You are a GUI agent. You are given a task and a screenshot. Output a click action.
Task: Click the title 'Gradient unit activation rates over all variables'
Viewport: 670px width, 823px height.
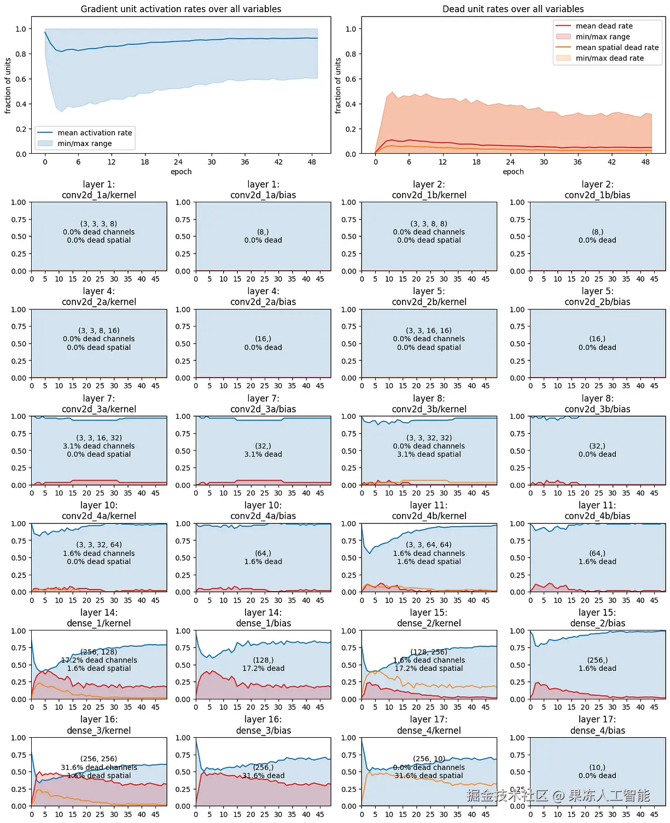(180, 9)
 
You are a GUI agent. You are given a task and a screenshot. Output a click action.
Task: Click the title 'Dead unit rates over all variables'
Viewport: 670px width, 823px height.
(512, 9)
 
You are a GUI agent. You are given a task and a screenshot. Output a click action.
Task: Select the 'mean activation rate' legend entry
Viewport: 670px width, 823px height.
(95, 133)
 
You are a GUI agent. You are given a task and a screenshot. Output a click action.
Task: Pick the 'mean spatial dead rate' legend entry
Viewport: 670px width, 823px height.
(617, 48)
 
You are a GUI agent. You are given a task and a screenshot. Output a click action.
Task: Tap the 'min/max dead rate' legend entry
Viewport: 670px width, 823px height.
(609, 58)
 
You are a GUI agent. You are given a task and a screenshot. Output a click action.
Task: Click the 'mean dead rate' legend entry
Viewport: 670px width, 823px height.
(604, 26)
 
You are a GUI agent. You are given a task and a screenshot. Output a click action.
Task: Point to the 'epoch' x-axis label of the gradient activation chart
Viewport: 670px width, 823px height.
(181, 172)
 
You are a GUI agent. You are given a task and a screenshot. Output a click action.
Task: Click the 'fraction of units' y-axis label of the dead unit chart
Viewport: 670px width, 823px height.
(338, 86)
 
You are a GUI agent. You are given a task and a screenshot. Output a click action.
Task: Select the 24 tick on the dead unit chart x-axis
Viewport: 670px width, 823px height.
(510, 162)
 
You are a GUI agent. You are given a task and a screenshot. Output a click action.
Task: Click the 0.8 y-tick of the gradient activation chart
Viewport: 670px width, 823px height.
(21, 54)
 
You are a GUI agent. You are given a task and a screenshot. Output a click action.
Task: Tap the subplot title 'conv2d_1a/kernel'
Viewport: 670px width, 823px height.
(99, 195)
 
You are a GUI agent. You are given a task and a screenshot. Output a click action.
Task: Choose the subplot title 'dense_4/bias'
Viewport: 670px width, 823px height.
(597, 731)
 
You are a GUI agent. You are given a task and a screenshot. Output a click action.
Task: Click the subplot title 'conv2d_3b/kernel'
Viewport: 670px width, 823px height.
(429, 409)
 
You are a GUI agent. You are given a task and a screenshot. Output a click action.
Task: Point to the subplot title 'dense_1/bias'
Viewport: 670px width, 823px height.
(263, 623)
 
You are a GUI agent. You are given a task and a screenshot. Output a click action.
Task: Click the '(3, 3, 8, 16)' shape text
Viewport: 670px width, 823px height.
(99, 330)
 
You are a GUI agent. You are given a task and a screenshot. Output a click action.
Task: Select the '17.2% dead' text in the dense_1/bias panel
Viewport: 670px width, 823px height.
(263, 668)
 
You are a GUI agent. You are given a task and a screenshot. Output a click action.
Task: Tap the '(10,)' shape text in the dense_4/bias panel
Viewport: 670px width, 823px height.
(597, 767)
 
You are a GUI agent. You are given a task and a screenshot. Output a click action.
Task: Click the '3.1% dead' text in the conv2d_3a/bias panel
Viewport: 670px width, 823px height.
(263, 454)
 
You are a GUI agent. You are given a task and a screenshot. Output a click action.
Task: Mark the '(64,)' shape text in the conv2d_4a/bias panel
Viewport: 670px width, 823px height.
(263, 553)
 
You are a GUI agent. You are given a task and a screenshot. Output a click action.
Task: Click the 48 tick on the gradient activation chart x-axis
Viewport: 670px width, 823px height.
(312, 162)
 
